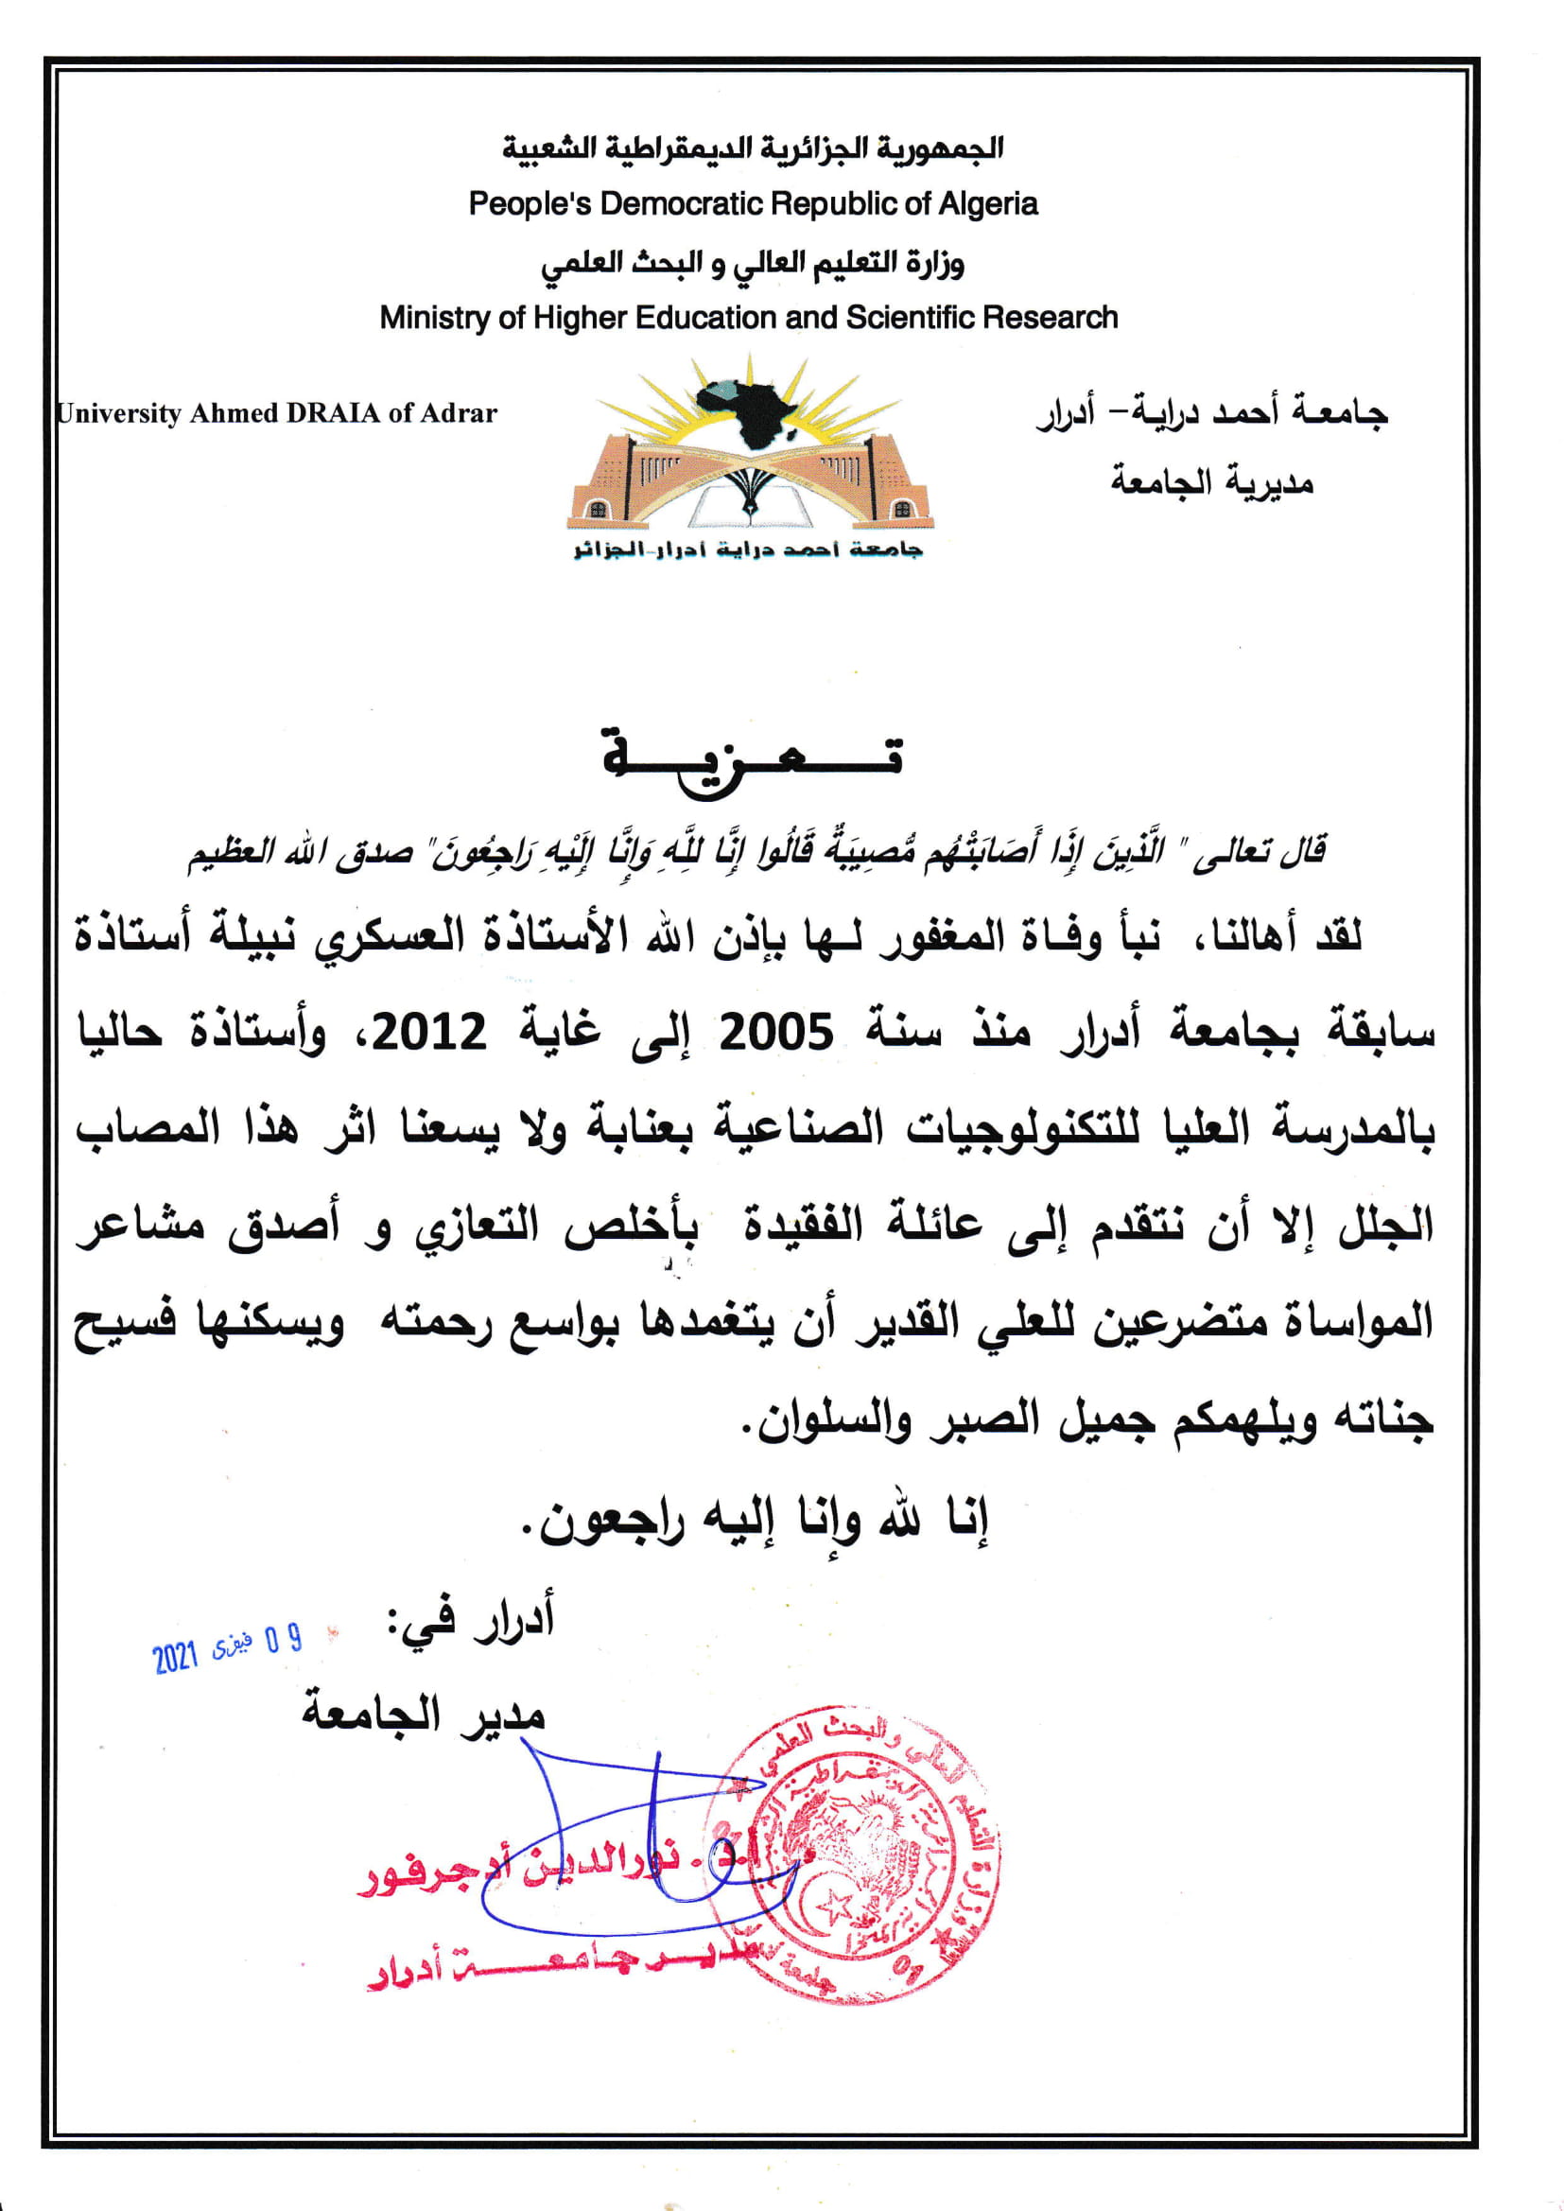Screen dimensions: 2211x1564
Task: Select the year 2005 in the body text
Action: tap(777, 1034)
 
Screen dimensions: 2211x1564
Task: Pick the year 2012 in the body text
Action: tap(429, 1034)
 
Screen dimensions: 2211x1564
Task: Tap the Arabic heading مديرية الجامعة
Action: tap(1212, 480)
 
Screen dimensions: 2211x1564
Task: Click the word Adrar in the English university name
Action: tap(459, 413)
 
